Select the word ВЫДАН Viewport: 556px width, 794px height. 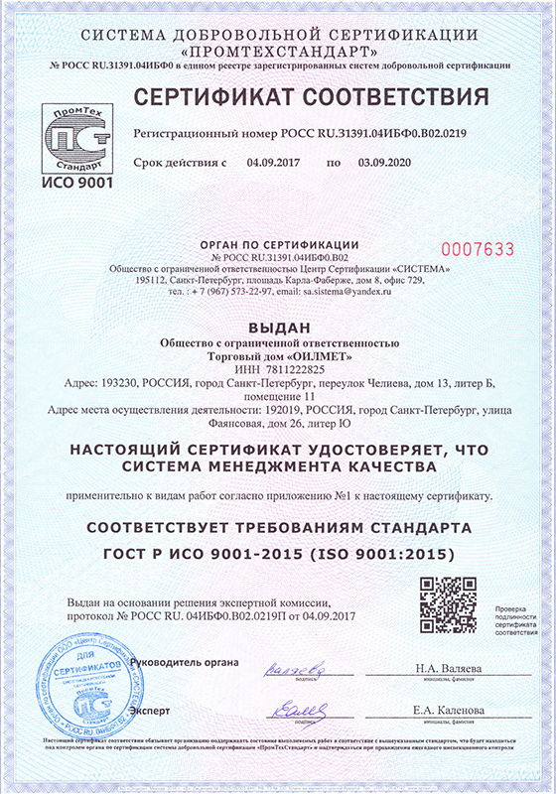pyautogui.click(x=278, y=328)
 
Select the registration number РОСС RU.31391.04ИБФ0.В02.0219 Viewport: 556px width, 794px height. pyautogui.click(x=376, y=132)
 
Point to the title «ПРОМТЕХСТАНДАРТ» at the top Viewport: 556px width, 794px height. pyautogui.click(x=278, y=51)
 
